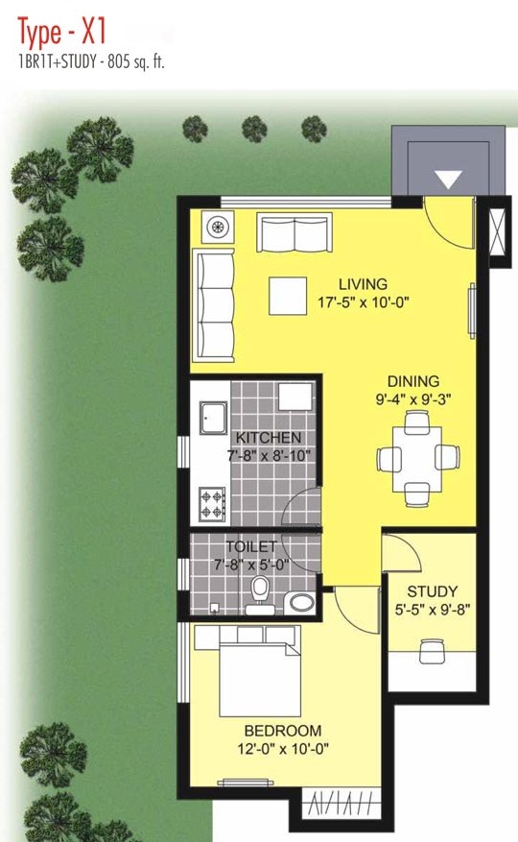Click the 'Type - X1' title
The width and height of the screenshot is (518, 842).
61,33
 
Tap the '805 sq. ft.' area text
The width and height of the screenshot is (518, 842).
136,62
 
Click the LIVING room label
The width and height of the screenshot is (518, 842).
363,284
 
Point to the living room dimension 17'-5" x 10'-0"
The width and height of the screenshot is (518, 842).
364,302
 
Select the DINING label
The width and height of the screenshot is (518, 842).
413,382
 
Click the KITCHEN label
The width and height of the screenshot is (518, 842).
269,438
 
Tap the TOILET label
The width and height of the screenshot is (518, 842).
251,547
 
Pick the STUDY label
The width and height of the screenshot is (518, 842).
432,591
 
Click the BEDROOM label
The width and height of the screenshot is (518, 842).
283,731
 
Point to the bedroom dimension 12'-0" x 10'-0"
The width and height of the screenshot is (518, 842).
283,749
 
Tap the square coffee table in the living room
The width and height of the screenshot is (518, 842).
288,296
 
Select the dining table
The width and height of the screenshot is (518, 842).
417,459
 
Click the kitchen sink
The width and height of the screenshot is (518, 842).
214,419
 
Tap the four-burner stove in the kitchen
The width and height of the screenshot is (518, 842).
213,504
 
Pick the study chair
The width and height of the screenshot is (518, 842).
432,651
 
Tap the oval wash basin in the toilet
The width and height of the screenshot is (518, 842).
302,603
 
